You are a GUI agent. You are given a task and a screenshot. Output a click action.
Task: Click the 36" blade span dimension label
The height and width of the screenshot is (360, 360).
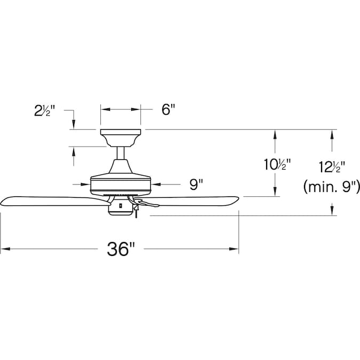[x=121, y=249]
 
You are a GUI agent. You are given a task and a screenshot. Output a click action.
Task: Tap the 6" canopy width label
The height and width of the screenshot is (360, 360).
[x=169, y=109]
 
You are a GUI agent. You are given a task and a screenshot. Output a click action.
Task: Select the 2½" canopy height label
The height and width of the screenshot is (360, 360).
[x=45, y=110]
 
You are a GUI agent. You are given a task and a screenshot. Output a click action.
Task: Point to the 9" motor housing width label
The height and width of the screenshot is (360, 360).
[x=196, y=185]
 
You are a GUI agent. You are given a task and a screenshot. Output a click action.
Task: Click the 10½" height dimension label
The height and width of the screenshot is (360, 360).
[x=277, y=164]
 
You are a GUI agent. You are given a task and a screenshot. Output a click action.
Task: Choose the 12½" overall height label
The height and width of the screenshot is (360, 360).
[x=332, y=167]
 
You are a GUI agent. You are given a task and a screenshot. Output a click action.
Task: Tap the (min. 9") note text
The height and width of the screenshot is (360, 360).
[x=331, y=187]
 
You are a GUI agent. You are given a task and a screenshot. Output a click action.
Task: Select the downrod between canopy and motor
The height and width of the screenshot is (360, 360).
[x=121, y=153]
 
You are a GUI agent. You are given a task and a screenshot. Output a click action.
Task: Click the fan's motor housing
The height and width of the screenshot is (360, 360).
[x=121, y=180]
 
